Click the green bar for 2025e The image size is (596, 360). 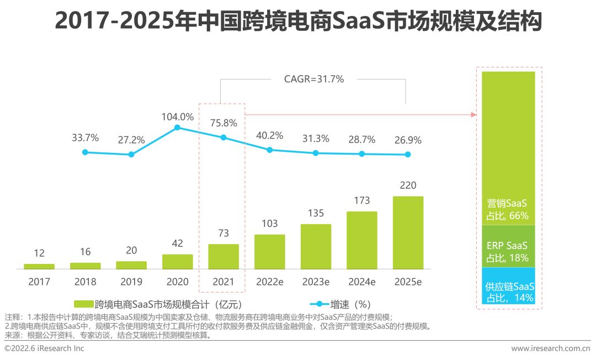[x=408, y=232]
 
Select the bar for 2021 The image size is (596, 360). [x=223, y=257]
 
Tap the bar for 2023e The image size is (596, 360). [x=316, y=246]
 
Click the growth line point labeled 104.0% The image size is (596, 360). [x=177, y=128]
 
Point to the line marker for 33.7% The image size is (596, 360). [x=85, y=152]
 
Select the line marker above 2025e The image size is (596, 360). [x=408, y=155]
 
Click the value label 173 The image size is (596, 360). [x=361, y=200]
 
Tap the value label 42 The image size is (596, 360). [x=177, y=243]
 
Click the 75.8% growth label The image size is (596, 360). [x=223, y=123]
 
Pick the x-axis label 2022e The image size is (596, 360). [x=270, y=282]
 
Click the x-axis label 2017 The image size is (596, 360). [x=39, y=282]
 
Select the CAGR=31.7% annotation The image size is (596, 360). [x=313, y=80]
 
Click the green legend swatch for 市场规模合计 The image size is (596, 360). [x=83, y=304]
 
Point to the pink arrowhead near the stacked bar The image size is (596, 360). [x=473, y=114]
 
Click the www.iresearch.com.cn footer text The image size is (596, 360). [x=550, y=348]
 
